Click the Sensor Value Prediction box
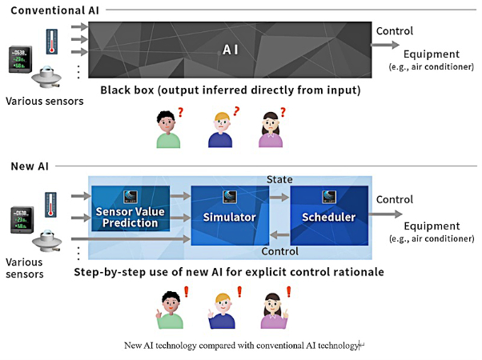[x=131, y=208]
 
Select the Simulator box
[x=230, y=215]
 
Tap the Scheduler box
[x=329, y=215]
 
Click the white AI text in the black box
[x=231, y=50]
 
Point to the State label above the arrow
[x=279, y=179]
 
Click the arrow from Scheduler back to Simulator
[x=279, y=235]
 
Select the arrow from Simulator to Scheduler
[x=279, y=197]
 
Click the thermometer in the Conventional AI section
[x=51, y=42]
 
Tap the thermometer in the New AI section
[x=50, y=205]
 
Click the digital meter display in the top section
[x=20, y=59]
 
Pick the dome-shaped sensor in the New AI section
[x=47, y=241]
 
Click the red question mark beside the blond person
[x=236, y=111]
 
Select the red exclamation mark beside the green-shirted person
[x=186, y=292]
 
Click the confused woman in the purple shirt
[x=271, y=130]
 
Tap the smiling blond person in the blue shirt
[x=221, y=311]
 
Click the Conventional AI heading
[x=54, y=10]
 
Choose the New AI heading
[x=30, y=166]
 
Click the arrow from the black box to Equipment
[x=385, y=45]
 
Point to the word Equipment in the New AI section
[x=432, y=226]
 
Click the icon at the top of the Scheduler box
[x=329, y=197]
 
